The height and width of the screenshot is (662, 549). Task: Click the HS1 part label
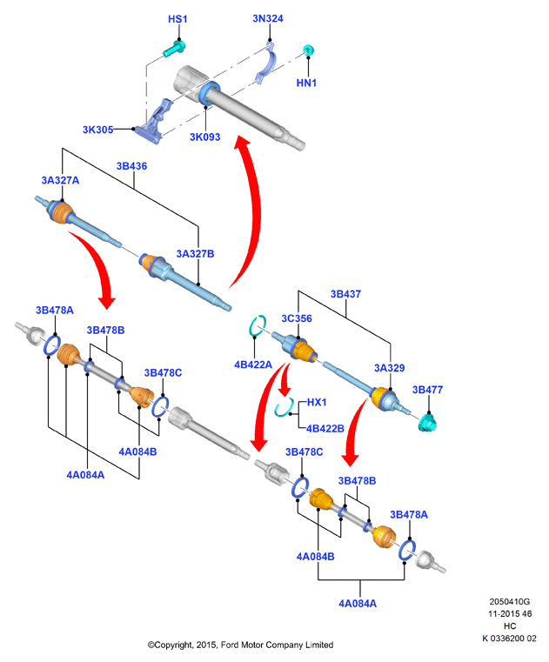[177, 19]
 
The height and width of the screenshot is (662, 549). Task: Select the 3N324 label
[268, 18]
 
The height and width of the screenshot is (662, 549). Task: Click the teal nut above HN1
[309, 50]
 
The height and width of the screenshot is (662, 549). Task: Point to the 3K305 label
[97, 130]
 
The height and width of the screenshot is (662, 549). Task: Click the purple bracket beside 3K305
[154, 122]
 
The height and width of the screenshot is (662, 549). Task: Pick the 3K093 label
[204, 137]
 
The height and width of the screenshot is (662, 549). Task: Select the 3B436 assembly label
[131, 166]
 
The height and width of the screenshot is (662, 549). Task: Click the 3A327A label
[60, 181]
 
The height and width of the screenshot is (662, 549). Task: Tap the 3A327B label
[195, 254]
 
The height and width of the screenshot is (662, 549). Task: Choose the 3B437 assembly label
[345, 294]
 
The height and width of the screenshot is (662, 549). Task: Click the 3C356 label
[297, 318]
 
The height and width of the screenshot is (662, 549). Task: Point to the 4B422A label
[253, 364]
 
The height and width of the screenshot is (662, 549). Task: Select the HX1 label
[317, 403]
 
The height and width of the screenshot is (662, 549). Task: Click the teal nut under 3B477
[428, 423]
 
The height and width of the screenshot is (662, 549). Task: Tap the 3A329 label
[390, 369]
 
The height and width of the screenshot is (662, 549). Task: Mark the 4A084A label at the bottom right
[358, 604]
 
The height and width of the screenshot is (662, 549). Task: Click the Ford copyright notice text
[240, 645]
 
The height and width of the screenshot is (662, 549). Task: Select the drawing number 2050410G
[509, 602]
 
